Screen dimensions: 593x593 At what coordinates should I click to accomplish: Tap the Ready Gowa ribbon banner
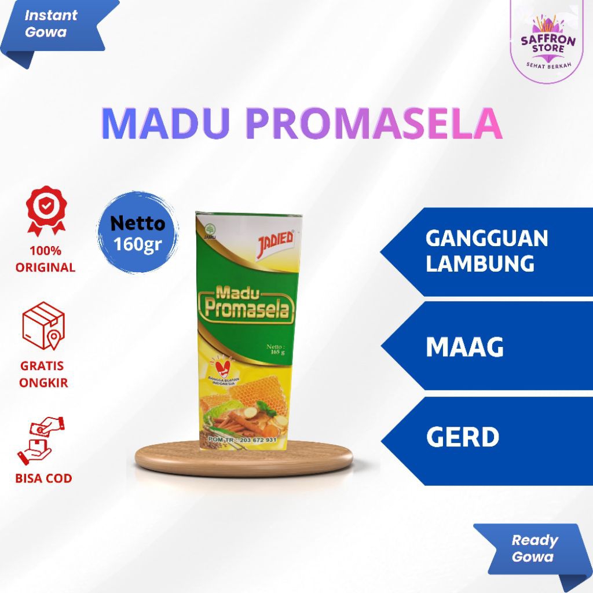click(532, 548)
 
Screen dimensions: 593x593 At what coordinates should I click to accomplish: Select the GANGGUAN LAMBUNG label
click(486, 251)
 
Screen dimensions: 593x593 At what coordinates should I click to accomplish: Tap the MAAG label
click(464, 346)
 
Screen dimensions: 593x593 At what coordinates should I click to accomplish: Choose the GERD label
click(462, 437)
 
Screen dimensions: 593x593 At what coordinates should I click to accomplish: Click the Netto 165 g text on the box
click(279, 350)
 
